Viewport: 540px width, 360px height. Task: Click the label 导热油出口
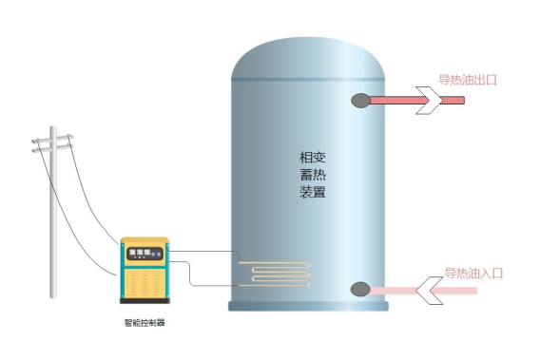point(468,81)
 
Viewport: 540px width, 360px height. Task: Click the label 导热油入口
point(472,274)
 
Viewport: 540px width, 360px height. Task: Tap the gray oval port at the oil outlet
point(361,99)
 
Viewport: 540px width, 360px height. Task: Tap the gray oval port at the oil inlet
point(360,290)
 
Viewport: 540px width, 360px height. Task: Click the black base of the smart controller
point(145,302)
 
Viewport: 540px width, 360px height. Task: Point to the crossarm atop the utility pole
point(51,142)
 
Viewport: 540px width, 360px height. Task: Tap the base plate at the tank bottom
point(308,307)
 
